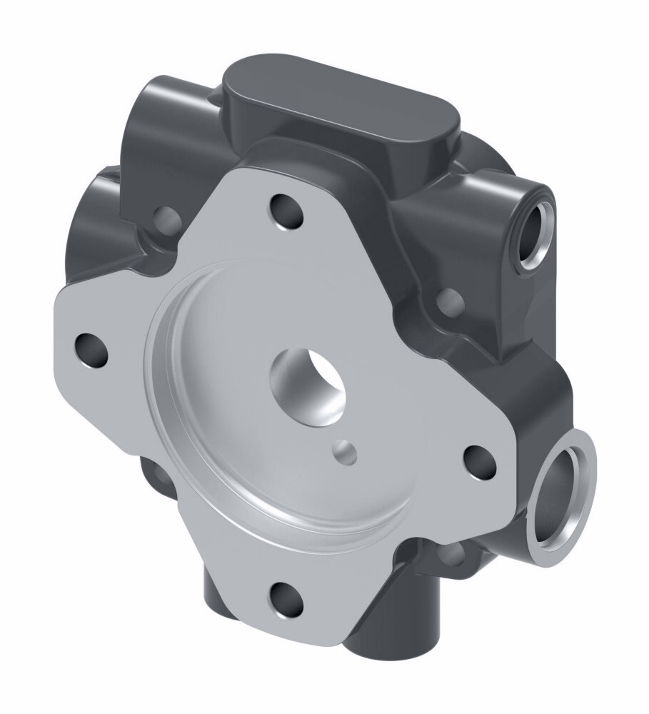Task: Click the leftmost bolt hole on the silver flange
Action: [x=91, y=350]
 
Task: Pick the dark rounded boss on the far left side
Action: [x=93, y=221]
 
